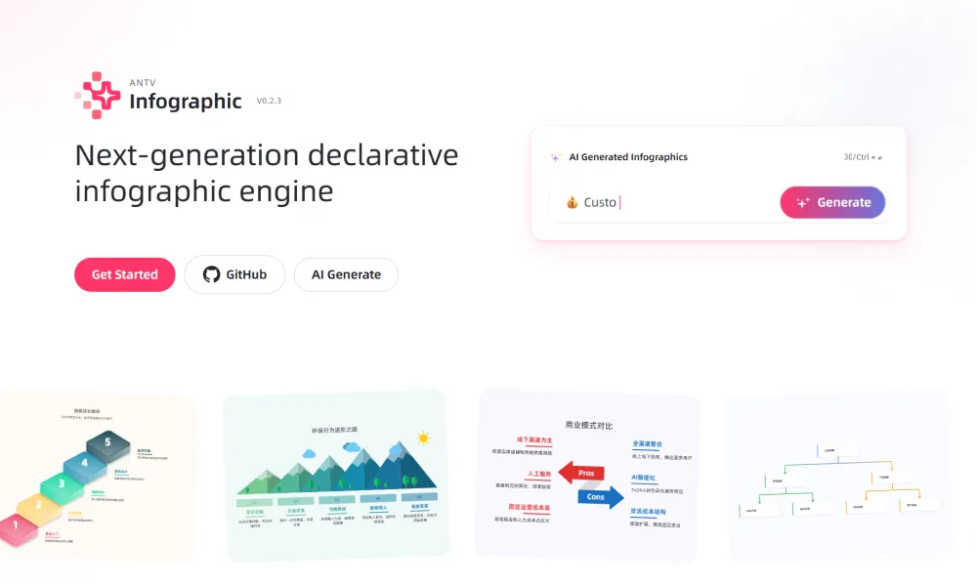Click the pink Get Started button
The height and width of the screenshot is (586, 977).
click(124, 274)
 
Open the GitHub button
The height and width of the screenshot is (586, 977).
click(234, 274)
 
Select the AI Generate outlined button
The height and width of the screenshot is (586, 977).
click(346, 274)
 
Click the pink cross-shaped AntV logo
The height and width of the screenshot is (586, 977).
click(98, 95)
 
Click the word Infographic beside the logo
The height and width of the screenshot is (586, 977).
click(186, 101)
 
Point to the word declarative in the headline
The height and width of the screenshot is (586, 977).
click(383, 155)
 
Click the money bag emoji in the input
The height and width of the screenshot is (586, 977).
click(573, 202)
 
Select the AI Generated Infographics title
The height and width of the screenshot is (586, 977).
click(628, 157)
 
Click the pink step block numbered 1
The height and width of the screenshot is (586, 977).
click(17, 526)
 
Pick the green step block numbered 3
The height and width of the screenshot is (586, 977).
click(62, 482)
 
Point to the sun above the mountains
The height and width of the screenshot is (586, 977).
click(423, 439)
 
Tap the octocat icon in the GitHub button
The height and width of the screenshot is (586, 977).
click(211, 274)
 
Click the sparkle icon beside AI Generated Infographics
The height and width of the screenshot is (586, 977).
click(555, 157)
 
